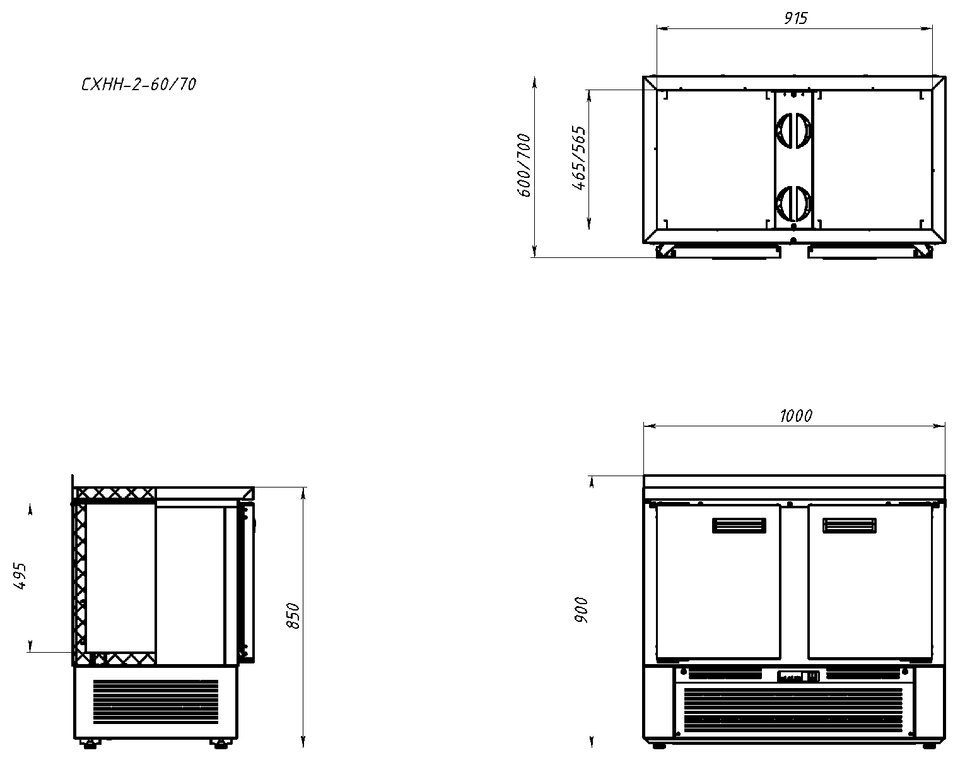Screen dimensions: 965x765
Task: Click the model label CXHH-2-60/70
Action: click(139, 85)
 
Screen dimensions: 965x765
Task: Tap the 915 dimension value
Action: click(795, 18)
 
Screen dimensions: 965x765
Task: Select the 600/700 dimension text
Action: click(523, 165)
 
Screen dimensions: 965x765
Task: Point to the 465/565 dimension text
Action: click(579, 158)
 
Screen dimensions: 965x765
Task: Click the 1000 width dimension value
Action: click(796, 416)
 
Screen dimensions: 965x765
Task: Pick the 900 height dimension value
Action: click(581, 610)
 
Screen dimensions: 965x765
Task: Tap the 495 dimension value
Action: click(20, 576)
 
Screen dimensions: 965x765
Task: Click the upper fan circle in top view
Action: click(793, 130)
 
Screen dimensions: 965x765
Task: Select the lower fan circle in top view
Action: click(793, 204)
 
